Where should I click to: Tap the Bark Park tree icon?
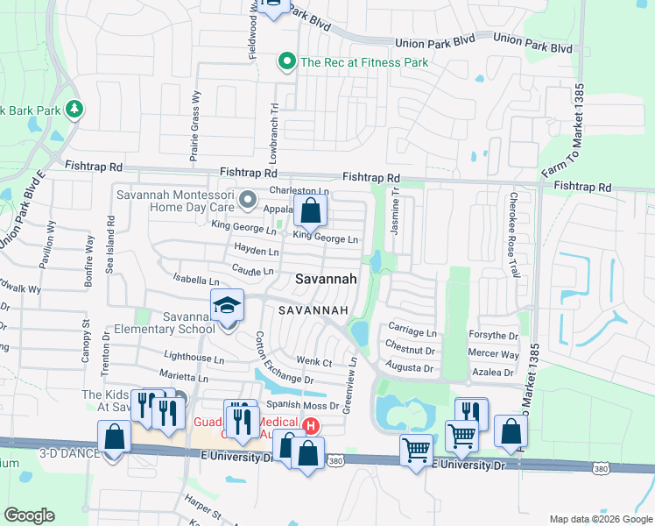click(76, 109)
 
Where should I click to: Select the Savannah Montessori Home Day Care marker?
click(249, 199)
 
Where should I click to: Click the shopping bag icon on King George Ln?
click(310, 210)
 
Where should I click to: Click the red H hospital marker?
click(310, 427)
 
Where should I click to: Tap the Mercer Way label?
click(493, 354)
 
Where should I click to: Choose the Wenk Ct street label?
click(313, 361)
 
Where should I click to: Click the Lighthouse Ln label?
click(194, 358)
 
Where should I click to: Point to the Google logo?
click(30, 515)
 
